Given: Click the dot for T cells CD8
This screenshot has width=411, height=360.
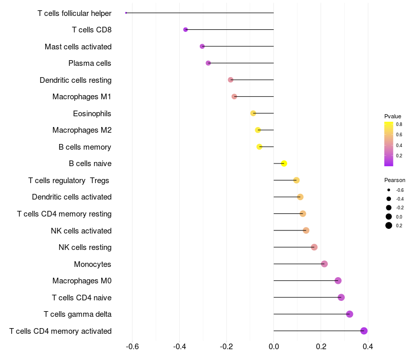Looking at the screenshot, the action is (x=185, y=30).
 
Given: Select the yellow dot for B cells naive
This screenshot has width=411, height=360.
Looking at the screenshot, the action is (x=284, y=164).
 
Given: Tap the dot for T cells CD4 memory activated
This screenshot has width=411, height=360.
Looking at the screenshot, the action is (x=364, y=331).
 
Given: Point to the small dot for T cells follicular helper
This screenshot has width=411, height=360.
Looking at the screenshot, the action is (x=126, y=13).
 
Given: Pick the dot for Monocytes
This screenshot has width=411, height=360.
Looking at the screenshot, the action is (x=324, y=264).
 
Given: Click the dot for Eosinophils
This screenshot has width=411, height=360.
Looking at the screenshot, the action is (x=253, y=113).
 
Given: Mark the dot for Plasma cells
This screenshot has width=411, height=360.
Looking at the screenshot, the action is (x=208, y=63).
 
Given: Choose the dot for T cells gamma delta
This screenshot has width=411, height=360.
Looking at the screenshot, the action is (x=349, y=314).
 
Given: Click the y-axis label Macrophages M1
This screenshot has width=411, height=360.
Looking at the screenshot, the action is (x=82, y=97).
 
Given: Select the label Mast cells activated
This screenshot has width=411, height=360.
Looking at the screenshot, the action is (x=78, y=47).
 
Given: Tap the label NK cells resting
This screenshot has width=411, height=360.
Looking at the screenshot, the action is (x=85, y=247).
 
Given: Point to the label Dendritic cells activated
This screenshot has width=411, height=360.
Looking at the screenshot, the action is (x=72, y=197).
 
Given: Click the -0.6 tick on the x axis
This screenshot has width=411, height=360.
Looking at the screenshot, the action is (x=132, y=347).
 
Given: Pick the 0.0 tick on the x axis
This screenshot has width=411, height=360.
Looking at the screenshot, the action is (x=274, y=347).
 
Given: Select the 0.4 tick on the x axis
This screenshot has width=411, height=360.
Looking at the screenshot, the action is (x=368, y=347).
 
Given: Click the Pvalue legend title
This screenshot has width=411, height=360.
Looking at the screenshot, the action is (x=393, y=116).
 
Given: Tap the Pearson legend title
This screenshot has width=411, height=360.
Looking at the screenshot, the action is (x=395, y=181).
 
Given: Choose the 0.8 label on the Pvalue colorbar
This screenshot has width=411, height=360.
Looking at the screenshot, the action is (x=399, y=124).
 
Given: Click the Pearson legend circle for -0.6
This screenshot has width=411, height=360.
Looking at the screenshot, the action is (x=389, y=190).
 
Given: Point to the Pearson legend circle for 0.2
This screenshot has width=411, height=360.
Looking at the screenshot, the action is (x=389, y=225).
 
